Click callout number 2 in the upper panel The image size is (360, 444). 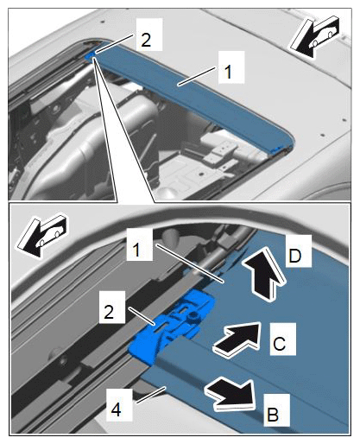pos(146,40)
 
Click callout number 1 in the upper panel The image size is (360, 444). pos(228,72)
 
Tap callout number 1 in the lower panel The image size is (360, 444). pos(136,250)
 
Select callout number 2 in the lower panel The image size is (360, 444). pos(109,312)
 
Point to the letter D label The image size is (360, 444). pos(295,256)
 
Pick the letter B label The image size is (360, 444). pos(273,415)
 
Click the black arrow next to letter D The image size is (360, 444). pos(264,273)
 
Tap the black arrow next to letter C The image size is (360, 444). pos(237,337)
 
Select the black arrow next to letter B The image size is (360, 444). pos(231,393)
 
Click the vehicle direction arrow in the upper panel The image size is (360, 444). pos(315,36)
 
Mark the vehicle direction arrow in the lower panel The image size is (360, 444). pos(41,235)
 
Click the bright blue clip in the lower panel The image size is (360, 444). pos(171,327)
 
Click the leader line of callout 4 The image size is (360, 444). pos(151,395)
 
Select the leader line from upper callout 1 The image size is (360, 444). pos(197,75)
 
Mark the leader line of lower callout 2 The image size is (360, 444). pos(142,316)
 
